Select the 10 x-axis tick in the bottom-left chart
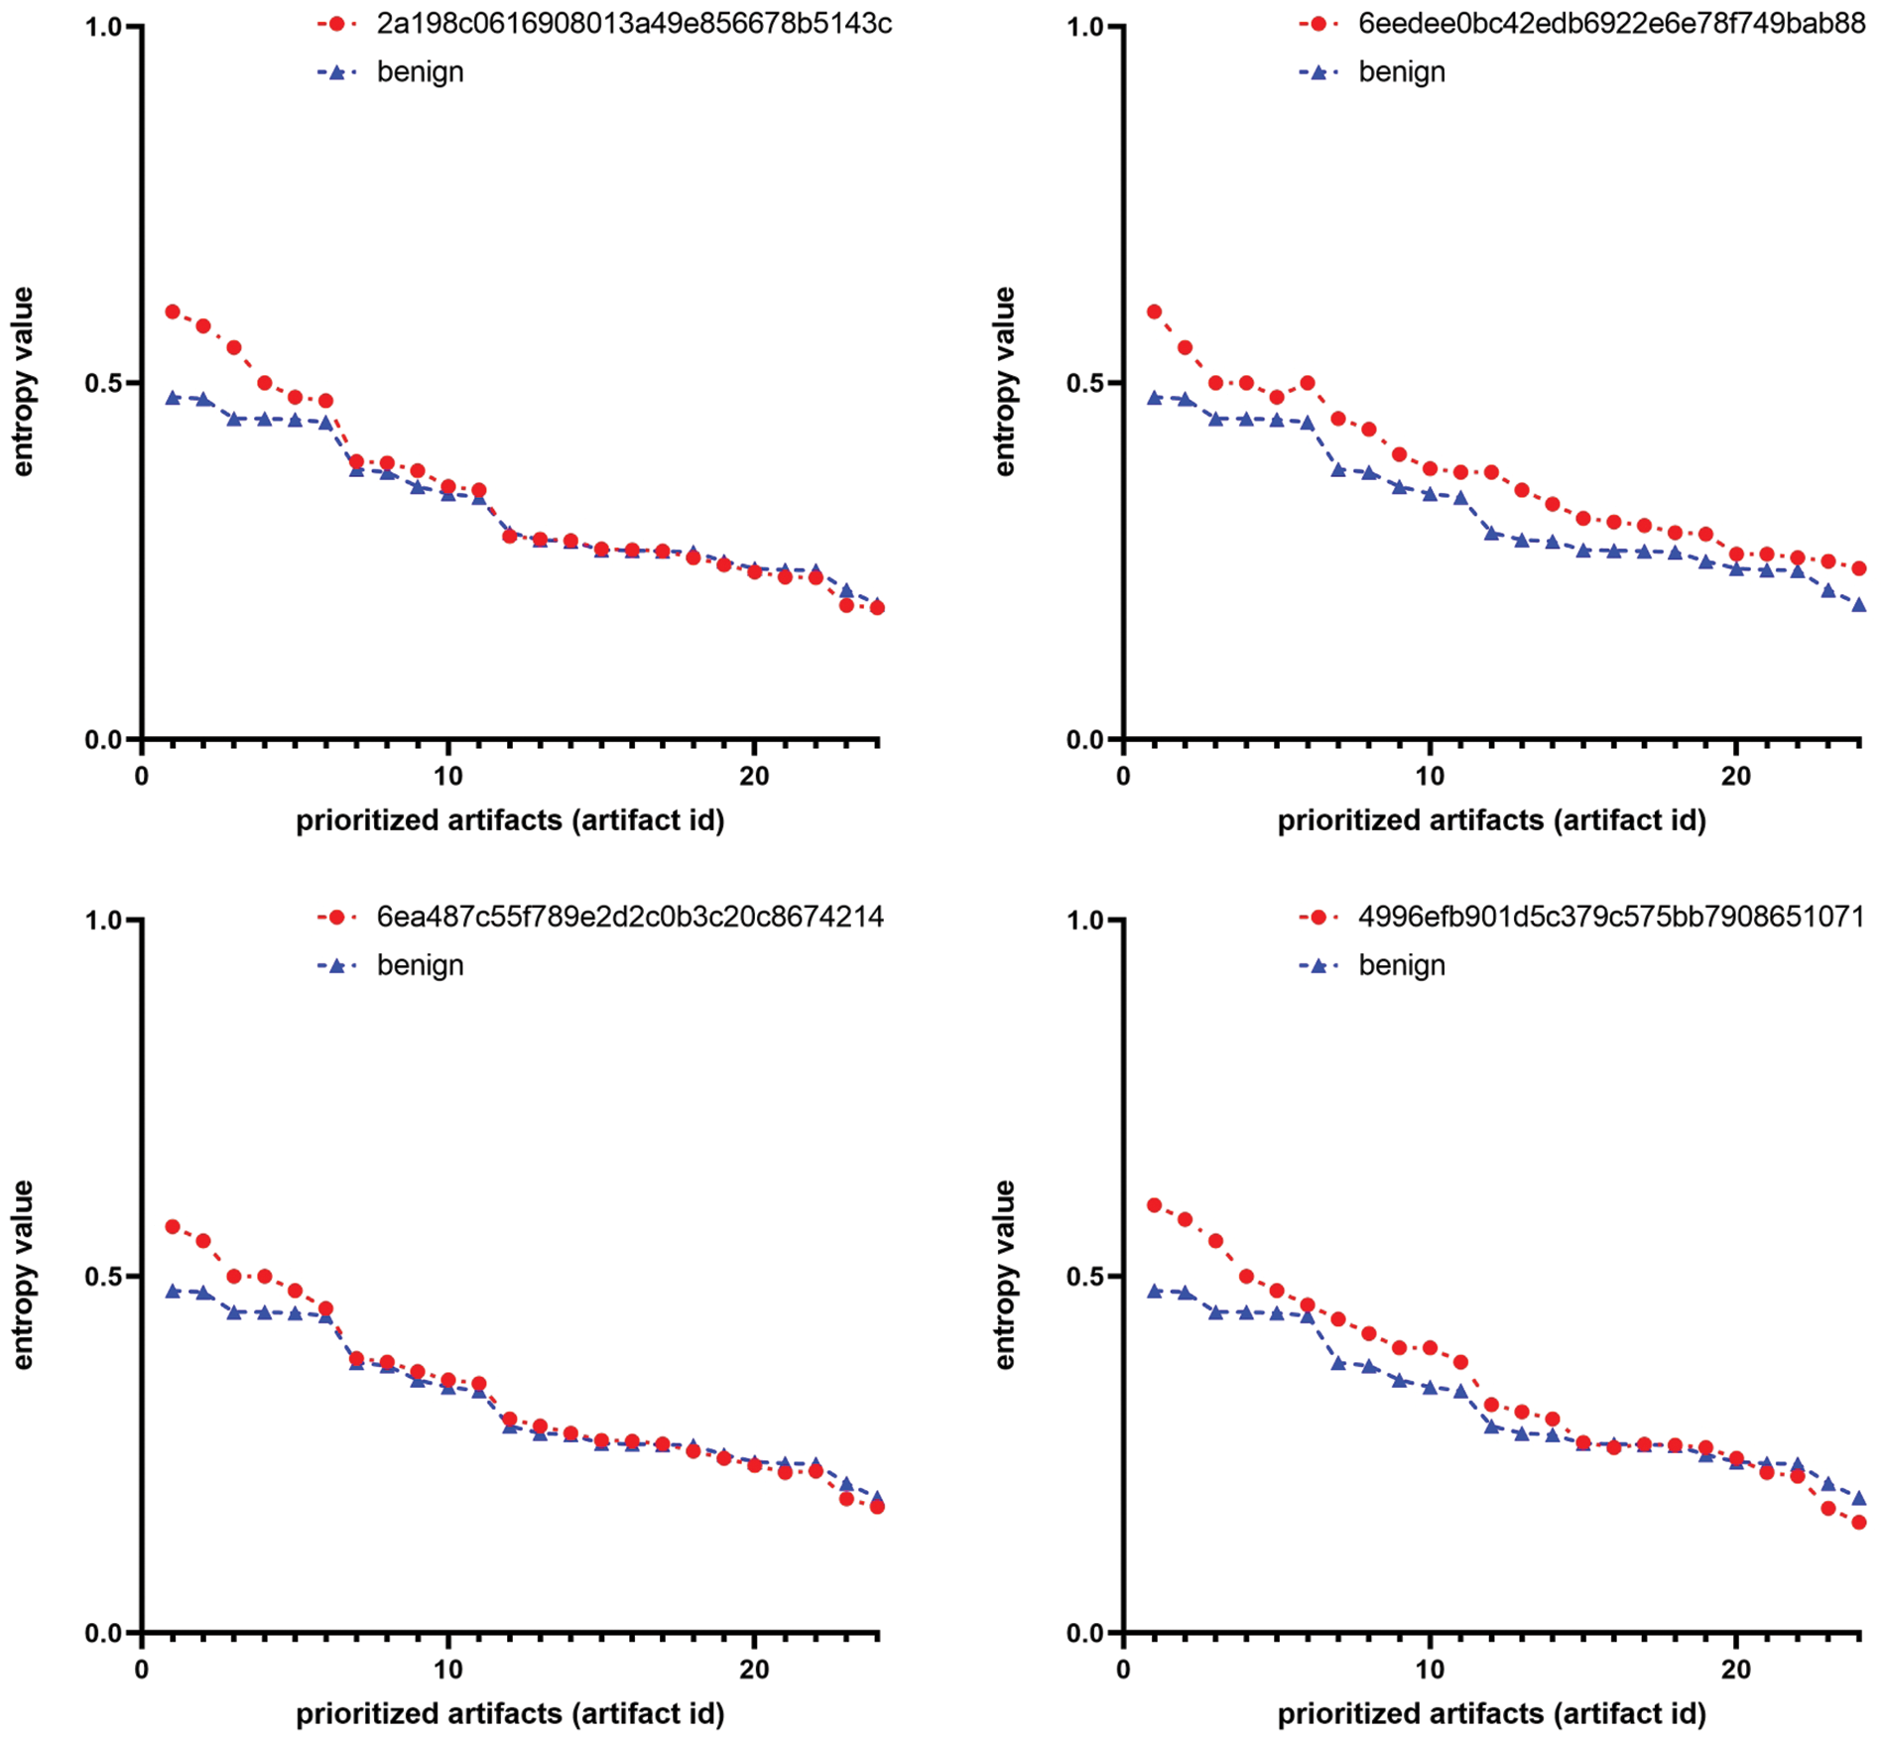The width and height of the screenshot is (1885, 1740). [448, 1670]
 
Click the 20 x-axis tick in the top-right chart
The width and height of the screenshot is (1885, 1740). [1736, 777]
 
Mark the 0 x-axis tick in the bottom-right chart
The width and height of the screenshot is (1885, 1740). [1123, 1670]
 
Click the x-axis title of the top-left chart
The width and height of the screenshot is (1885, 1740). [510, 820]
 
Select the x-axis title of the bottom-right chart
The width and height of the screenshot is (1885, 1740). [1491, 1713]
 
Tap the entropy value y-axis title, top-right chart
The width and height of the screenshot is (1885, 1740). [1004, 382]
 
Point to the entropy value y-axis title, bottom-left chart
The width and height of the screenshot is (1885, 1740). [22, 1275]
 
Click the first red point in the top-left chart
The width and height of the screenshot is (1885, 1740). [173, 311]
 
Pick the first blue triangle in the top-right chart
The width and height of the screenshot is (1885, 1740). [1154, 398]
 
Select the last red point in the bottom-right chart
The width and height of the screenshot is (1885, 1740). [1859, 1522]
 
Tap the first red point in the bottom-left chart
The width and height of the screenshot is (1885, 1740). [173, 1227]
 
